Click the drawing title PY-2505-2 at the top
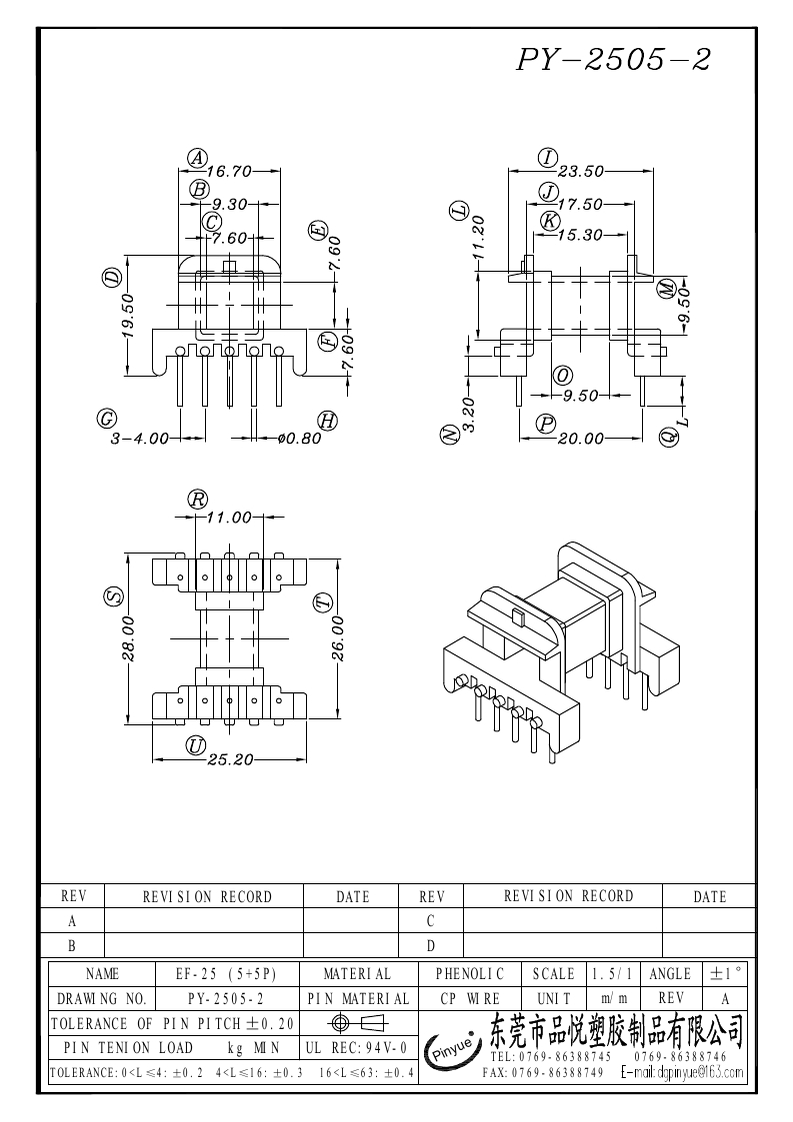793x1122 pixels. point(613,59)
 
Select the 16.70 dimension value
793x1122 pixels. point(230,172)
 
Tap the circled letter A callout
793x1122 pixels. point(197,158)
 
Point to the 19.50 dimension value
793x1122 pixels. point(128,315)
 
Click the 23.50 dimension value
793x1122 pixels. point(581,172)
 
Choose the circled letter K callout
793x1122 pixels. point(549,221)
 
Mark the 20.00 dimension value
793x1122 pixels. point(581,438)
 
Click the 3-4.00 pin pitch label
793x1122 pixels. point(140,438)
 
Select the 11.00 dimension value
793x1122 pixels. point(230,517)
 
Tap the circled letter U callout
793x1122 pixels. point(196,745)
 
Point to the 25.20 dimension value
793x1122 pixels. point(230,759)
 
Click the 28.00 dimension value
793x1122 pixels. point(128,638)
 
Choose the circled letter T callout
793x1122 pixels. point(324,603)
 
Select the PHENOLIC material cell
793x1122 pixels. point(470,974)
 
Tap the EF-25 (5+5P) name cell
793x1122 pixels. point(226,974)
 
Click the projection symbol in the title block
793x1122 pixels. point(357,1022)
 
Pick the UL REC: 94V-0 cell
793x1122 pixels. point(357,1048)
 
